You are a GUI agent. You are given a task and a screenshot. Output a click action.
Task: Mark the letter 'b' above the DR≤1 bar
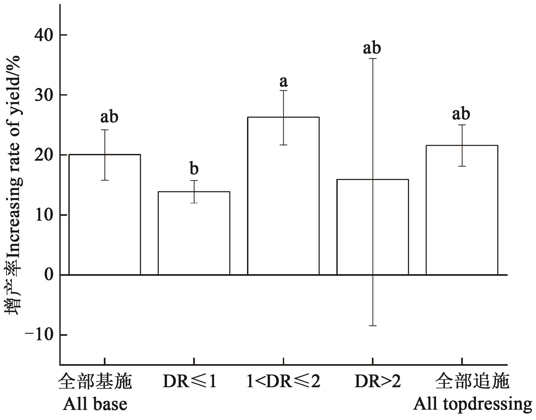click(x=194, y=169)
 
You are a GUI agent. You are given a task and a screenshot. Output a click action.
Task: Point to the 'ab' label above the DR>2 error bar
click(x=372, y=48)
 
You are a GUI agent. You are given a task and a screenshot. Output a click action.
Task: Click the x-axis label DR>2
click(x=378, y=382)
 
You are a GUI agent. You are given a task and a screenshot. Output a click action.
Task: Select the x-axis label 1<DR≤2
click(x=283, y=382)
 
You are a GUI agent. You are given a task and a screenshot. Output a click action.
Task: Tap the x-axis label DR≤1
click(x=190, y=382)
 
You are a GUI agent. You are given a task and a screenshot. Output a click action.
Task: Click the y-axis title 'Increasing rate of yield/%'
click(x=13, y=157)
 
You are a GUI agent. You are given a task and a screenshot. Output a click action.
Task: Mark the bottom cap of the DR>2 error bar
click(x=373, y=326)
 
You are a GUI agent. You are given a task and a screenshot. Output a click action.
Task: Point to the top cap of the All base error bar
click(x=105, y=130)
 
